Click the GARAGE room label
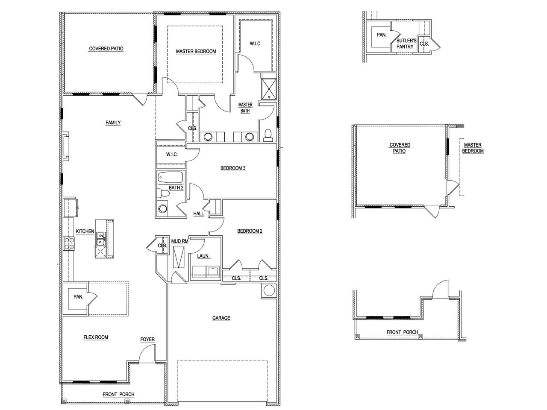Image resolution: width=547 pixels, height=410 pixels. [x=221, y=318]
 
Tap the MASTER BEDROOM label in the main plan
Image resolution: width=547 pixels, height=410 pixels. [x=196, y=51]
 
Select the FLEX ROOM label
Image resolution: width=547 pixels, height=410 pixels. [x=96, y=337]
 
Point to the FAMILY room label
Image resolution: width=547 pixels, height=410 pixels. [x=113, y=123]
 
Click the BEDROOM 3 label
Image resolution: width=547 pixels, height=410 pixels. [x=232, y=168]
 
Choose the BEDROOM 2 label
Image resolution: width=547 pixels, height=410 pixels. [x=250, y=231]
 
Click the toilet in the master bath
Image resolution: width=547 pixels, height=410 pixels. [x=268, y=135]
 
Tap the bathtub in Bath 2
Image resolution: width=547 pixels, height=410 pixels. [x=170, y=177]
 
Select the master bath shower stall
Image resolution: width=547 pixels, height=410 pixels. [x=269, y=88]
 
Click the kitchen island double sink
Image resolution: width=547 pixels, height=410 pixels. [x=101, y=239]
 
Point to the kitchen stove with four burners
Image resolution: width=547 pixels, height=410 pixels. [x=69, y=243]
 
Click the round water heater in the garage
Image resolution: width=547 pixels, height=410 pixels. [x=270, y=291]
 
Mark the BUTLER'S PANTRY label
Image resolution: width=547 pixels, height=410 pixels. [x=406, y=44]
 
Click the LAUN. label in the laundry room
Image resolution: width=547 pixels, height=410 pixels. [x=203, y=256]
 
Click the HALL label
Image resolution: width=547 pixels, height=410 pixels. [x=198, y=214]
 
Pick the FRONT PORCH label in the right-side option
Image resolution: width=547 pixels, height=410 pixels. [x=402, y=332]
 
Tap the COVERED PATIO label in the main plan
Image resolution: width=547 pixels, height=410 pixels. [x=106, y=49]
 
